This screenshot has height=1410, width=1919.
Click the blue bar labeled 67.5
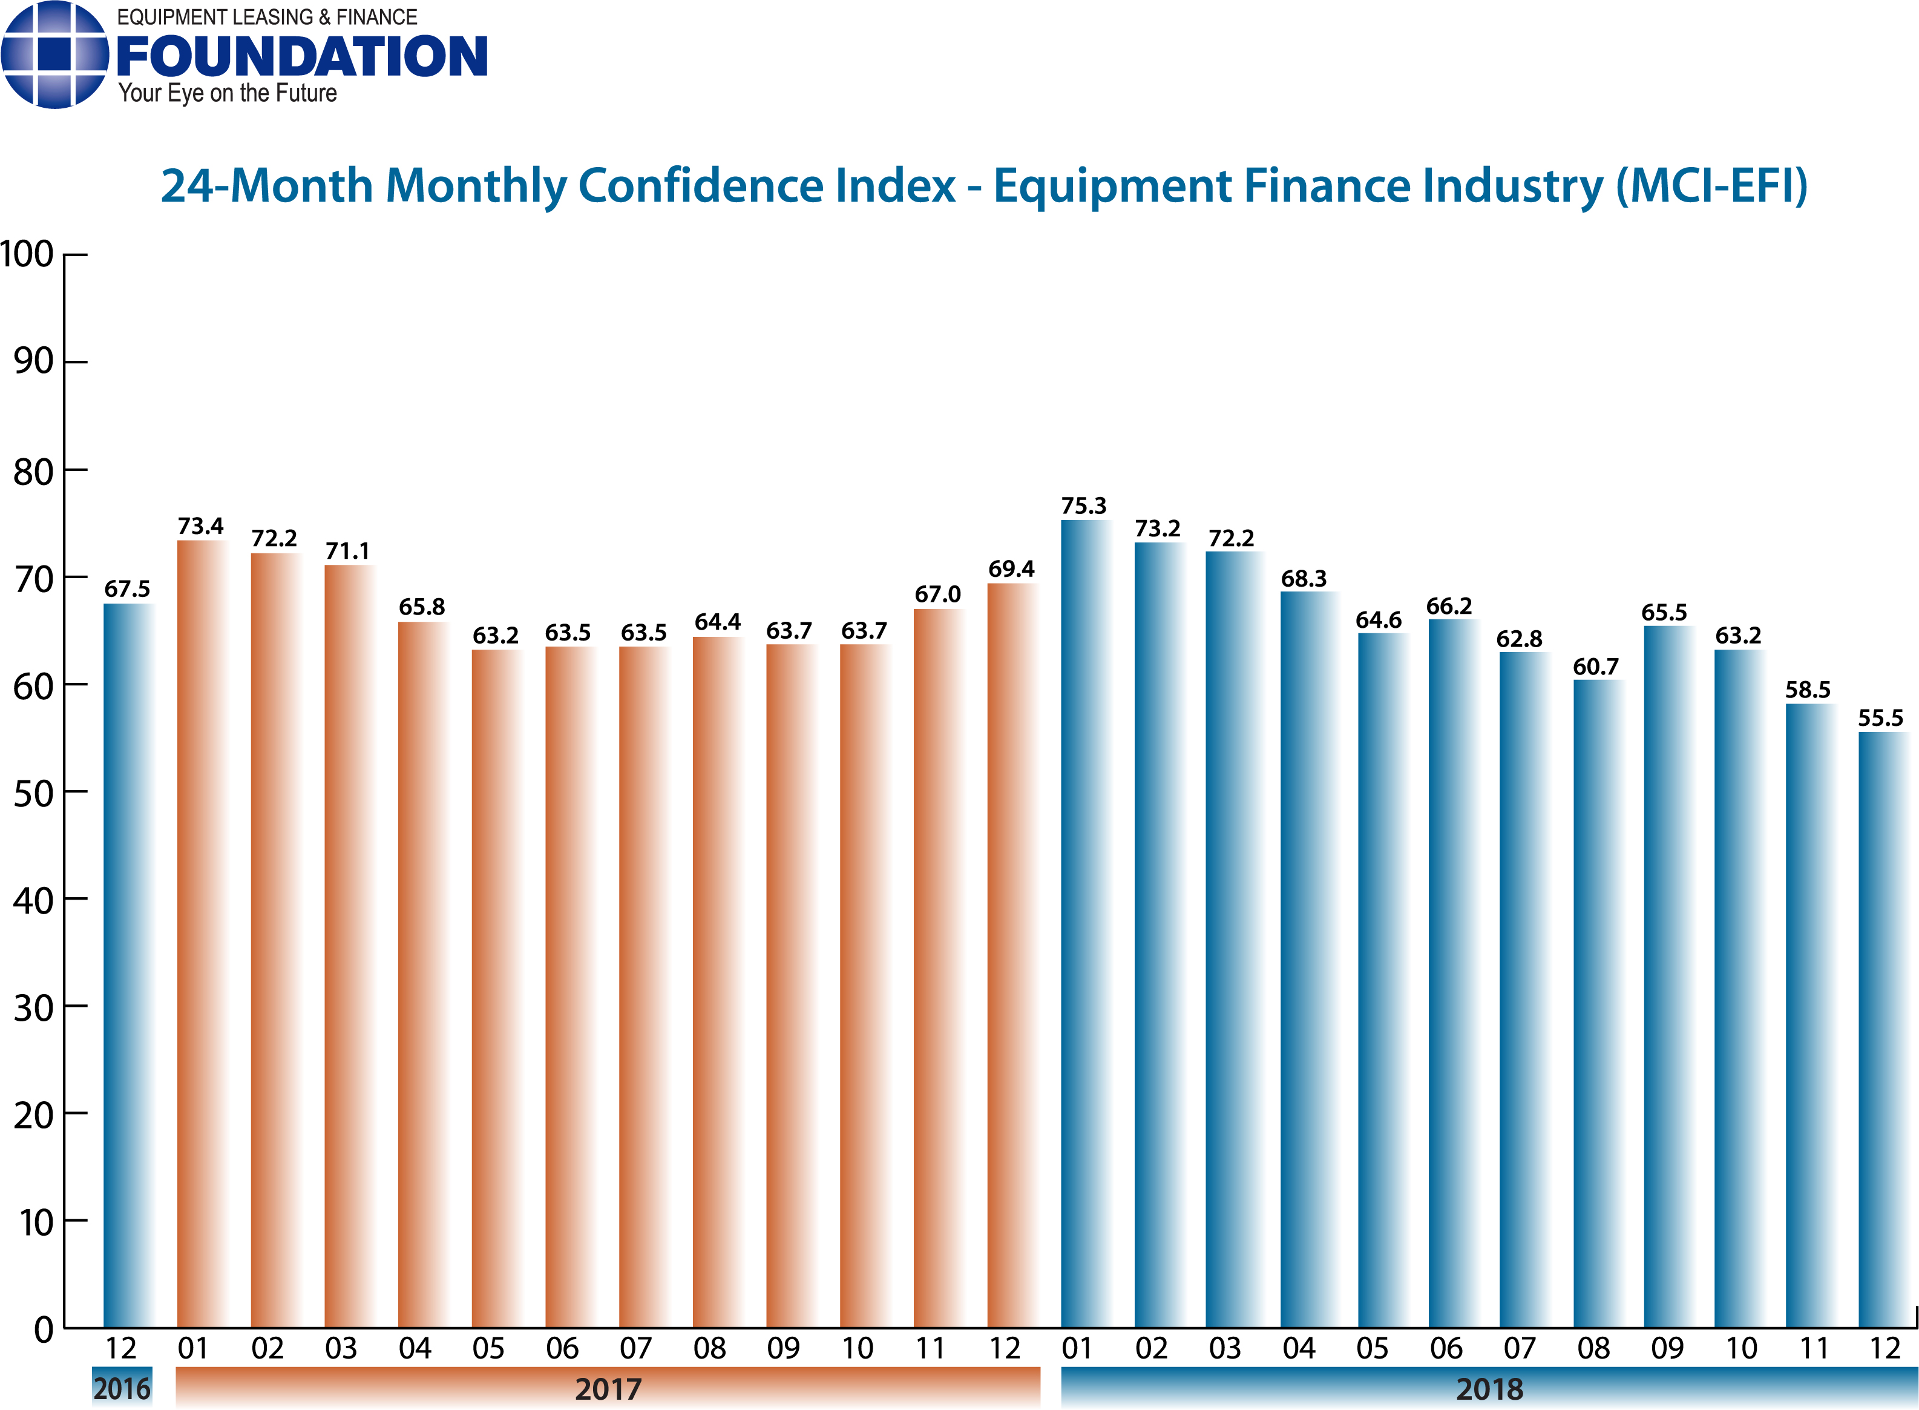[128, 964]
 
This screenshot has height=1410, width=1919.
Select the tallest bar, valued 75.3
[1084, 922]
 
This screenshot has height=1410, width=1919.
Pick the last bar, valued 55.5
[1882, 1029]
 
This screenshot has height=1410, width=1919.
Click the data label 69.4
[1011, 569]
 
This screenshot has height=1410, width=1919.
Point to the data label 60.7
[1596, 667]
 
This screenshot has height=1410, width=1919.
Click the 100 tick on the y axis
[27, 254]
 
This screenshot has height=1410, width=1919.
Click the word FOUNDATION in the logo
[301, 56]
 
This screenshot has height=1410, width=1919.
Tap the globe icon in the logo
[54, 54]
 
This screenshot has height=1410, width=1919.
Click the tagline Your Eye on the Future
[227, 93]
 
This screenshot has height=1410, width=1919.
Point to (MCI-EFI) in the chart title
[1711, 185]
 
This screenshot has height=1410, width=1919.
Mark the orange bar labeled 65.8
[422, 973]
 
